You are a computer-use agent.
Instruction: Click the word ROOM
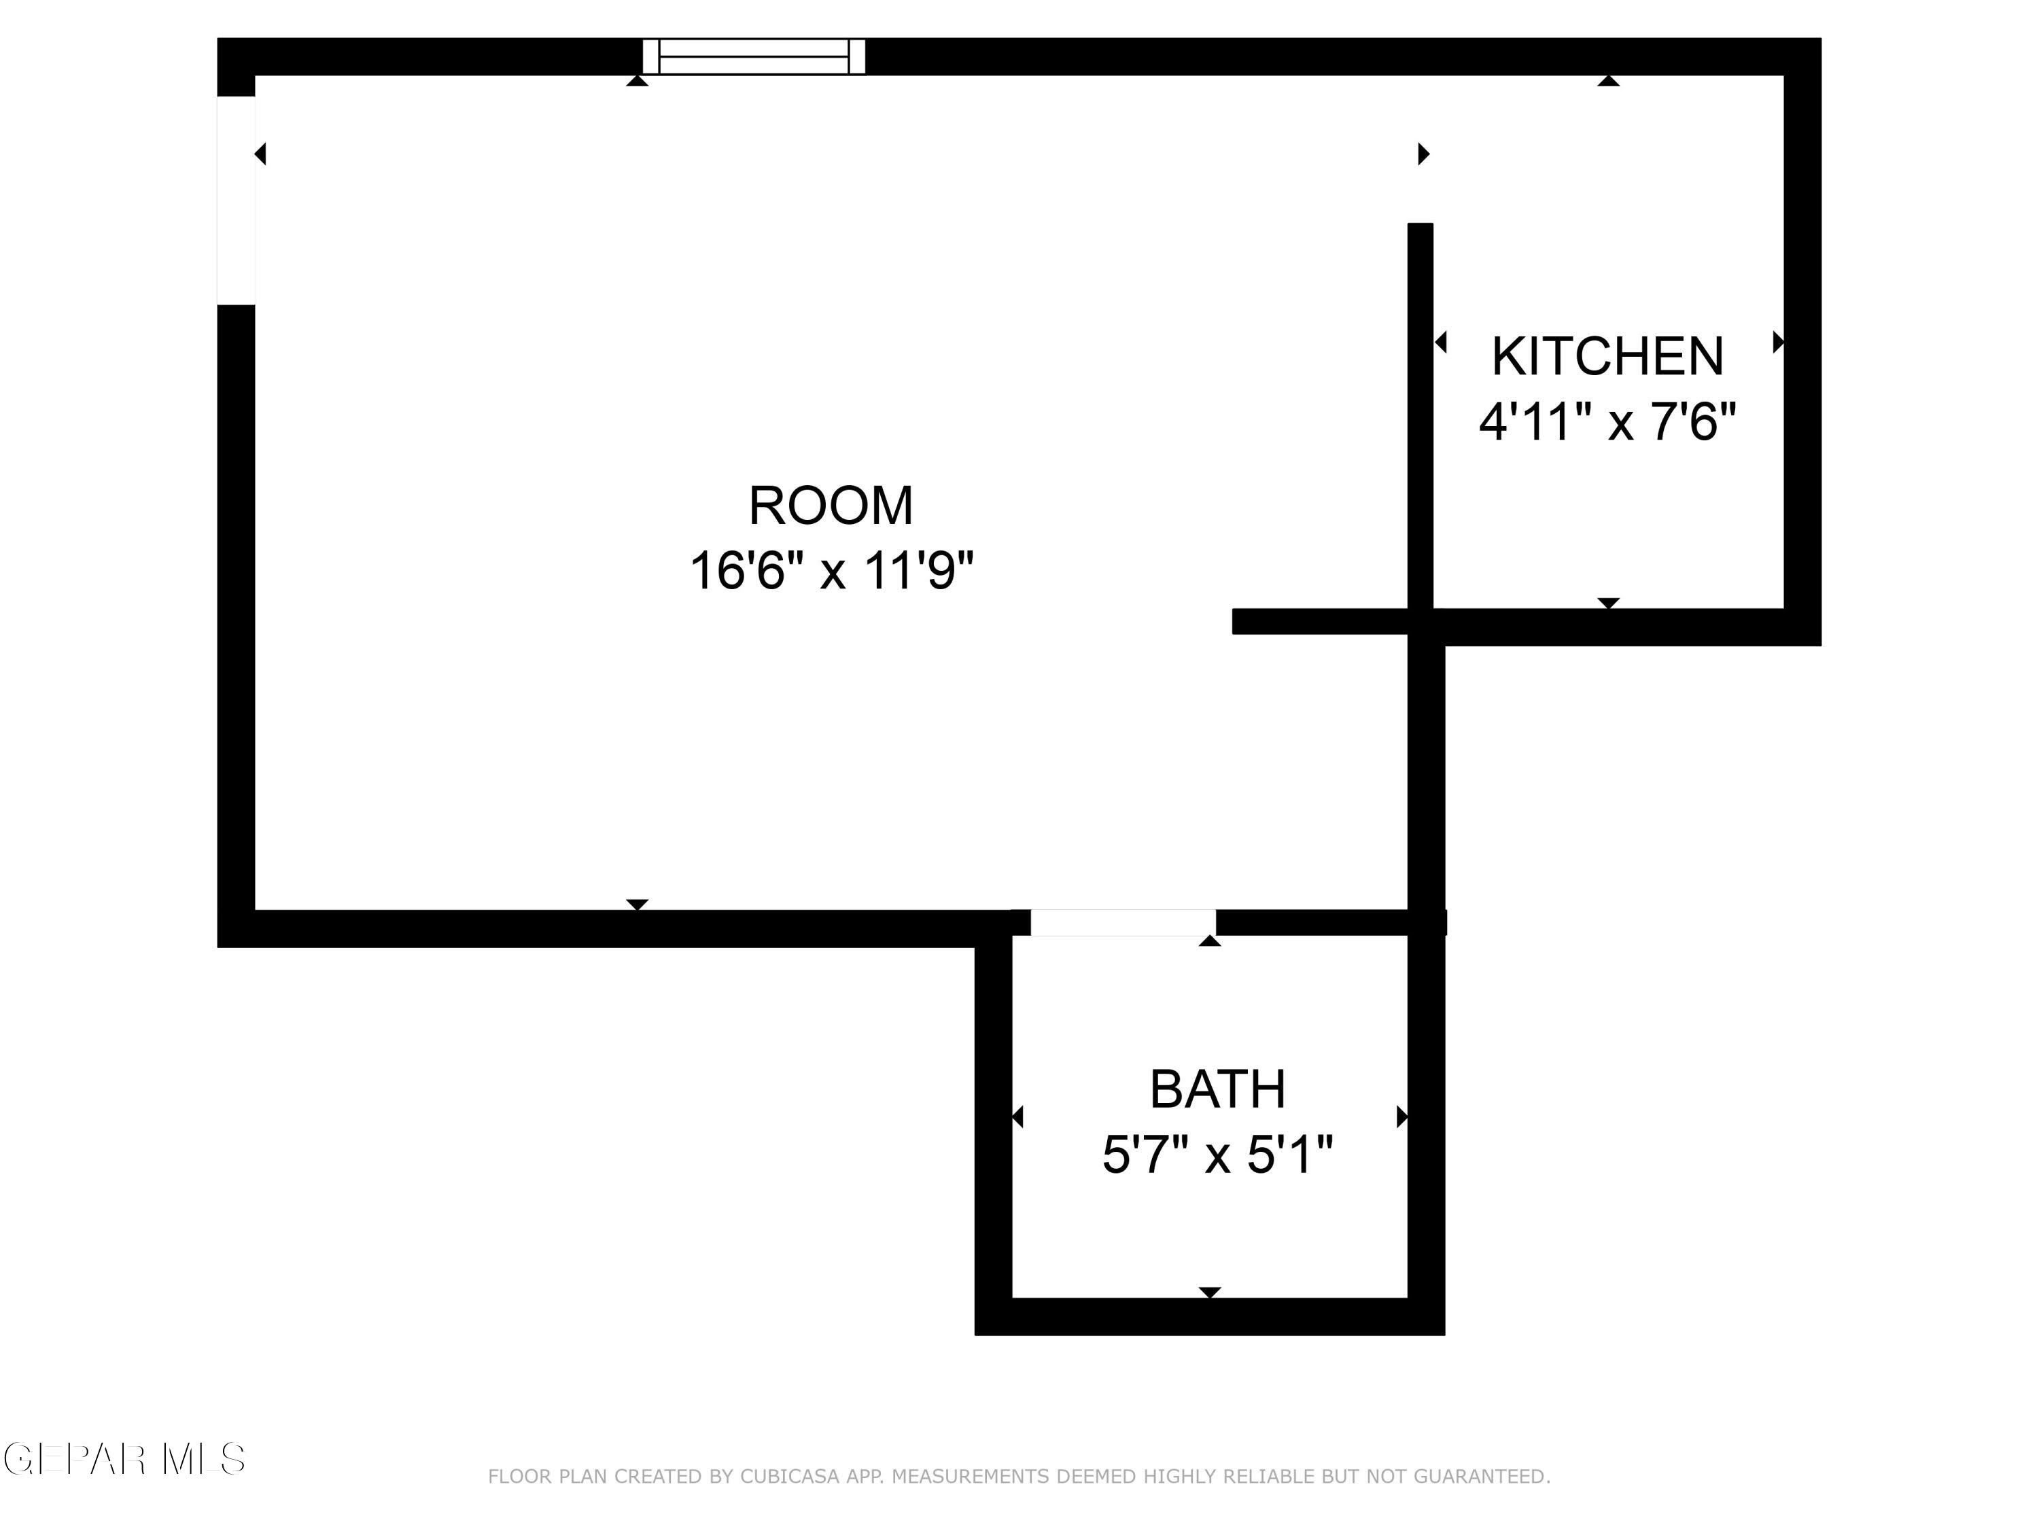[831, 506]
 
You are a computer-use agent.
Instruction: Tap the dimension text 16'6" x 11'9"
[831, 571]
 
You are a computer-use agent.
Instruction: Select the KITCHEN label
[1607, 356]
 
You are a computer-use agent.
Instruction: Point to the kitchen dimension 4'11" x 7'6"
[1607, 422]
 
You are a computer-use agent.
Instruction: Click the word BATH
[1218, 1089]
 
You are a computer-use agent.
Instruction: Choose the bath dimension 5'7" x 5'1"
[1218, 1154]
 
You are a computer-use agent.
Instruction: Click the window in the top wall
[754, 56]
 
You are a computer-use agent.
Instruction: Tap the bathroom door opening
[1123, 923]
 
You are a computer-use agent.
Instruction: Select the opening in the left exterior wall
[236, 200]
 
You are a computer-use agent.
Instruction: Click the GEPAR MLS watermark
[124, 1459]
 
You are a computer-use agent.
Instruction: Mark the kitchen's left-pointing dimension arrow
[1441, 342]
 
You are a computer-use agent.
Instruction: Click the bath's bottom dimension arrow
[1209, 1292]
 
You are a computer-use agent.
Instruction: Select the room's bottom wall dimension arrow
[637, 904]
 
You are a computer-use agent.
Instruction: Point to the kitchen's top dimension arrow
[1609, 81]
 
